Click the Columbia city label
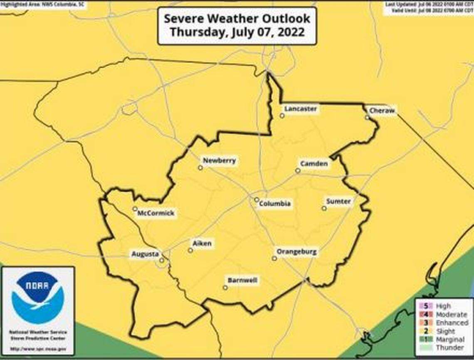[x=274, y=204]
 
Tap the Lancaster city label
[x=300, y=109]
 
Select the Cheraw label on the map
[x=382, y=111]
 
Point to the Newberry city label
[x=219, y=161]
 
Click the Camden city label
[x=314, y=164]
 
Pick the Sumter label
[x=338, y=201]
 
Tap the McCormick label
[x=156, y=214]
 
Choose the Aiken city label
[x=202, y=243]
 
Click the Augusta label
[x=145, y=254]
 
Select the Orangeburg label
[x=296, y=252]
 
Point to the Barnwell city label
[x=242, y=281]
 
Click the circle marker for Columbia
[x=257, y=200]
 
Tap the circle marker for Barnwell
[x=225, y=288]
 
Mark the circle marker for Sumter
[x=324, y=209]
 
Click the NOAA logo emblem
[x=38, y=298]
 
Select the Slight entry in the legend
[x=445, y=331]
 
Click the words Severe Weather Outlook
[x=237, y=19]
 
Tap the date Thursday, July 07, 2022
[x=237, y=32]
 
